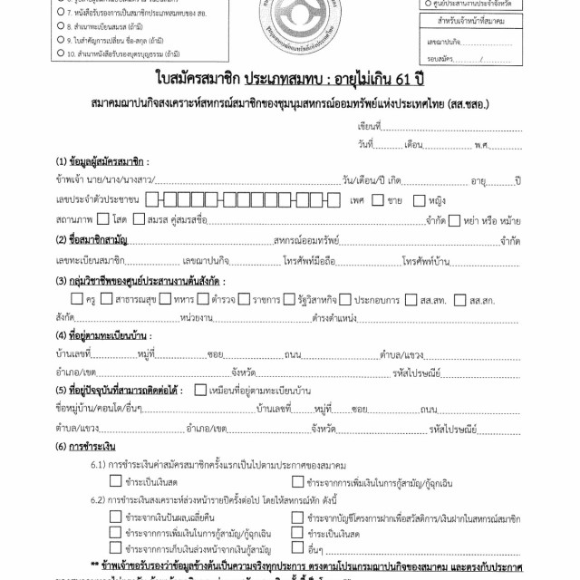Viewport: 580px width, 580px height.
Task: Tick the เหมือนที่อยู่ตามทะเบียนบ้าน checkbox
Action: click(200, 391)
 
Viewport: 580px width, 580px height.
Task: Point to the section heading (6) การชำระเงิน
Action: click(85, 447)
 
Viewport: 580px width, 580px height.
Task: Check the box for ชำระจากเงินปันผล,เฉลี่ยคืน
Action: click(115, 518)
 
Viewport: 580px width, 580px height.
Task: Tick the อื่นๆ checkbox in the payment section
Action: click(297, 549)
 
